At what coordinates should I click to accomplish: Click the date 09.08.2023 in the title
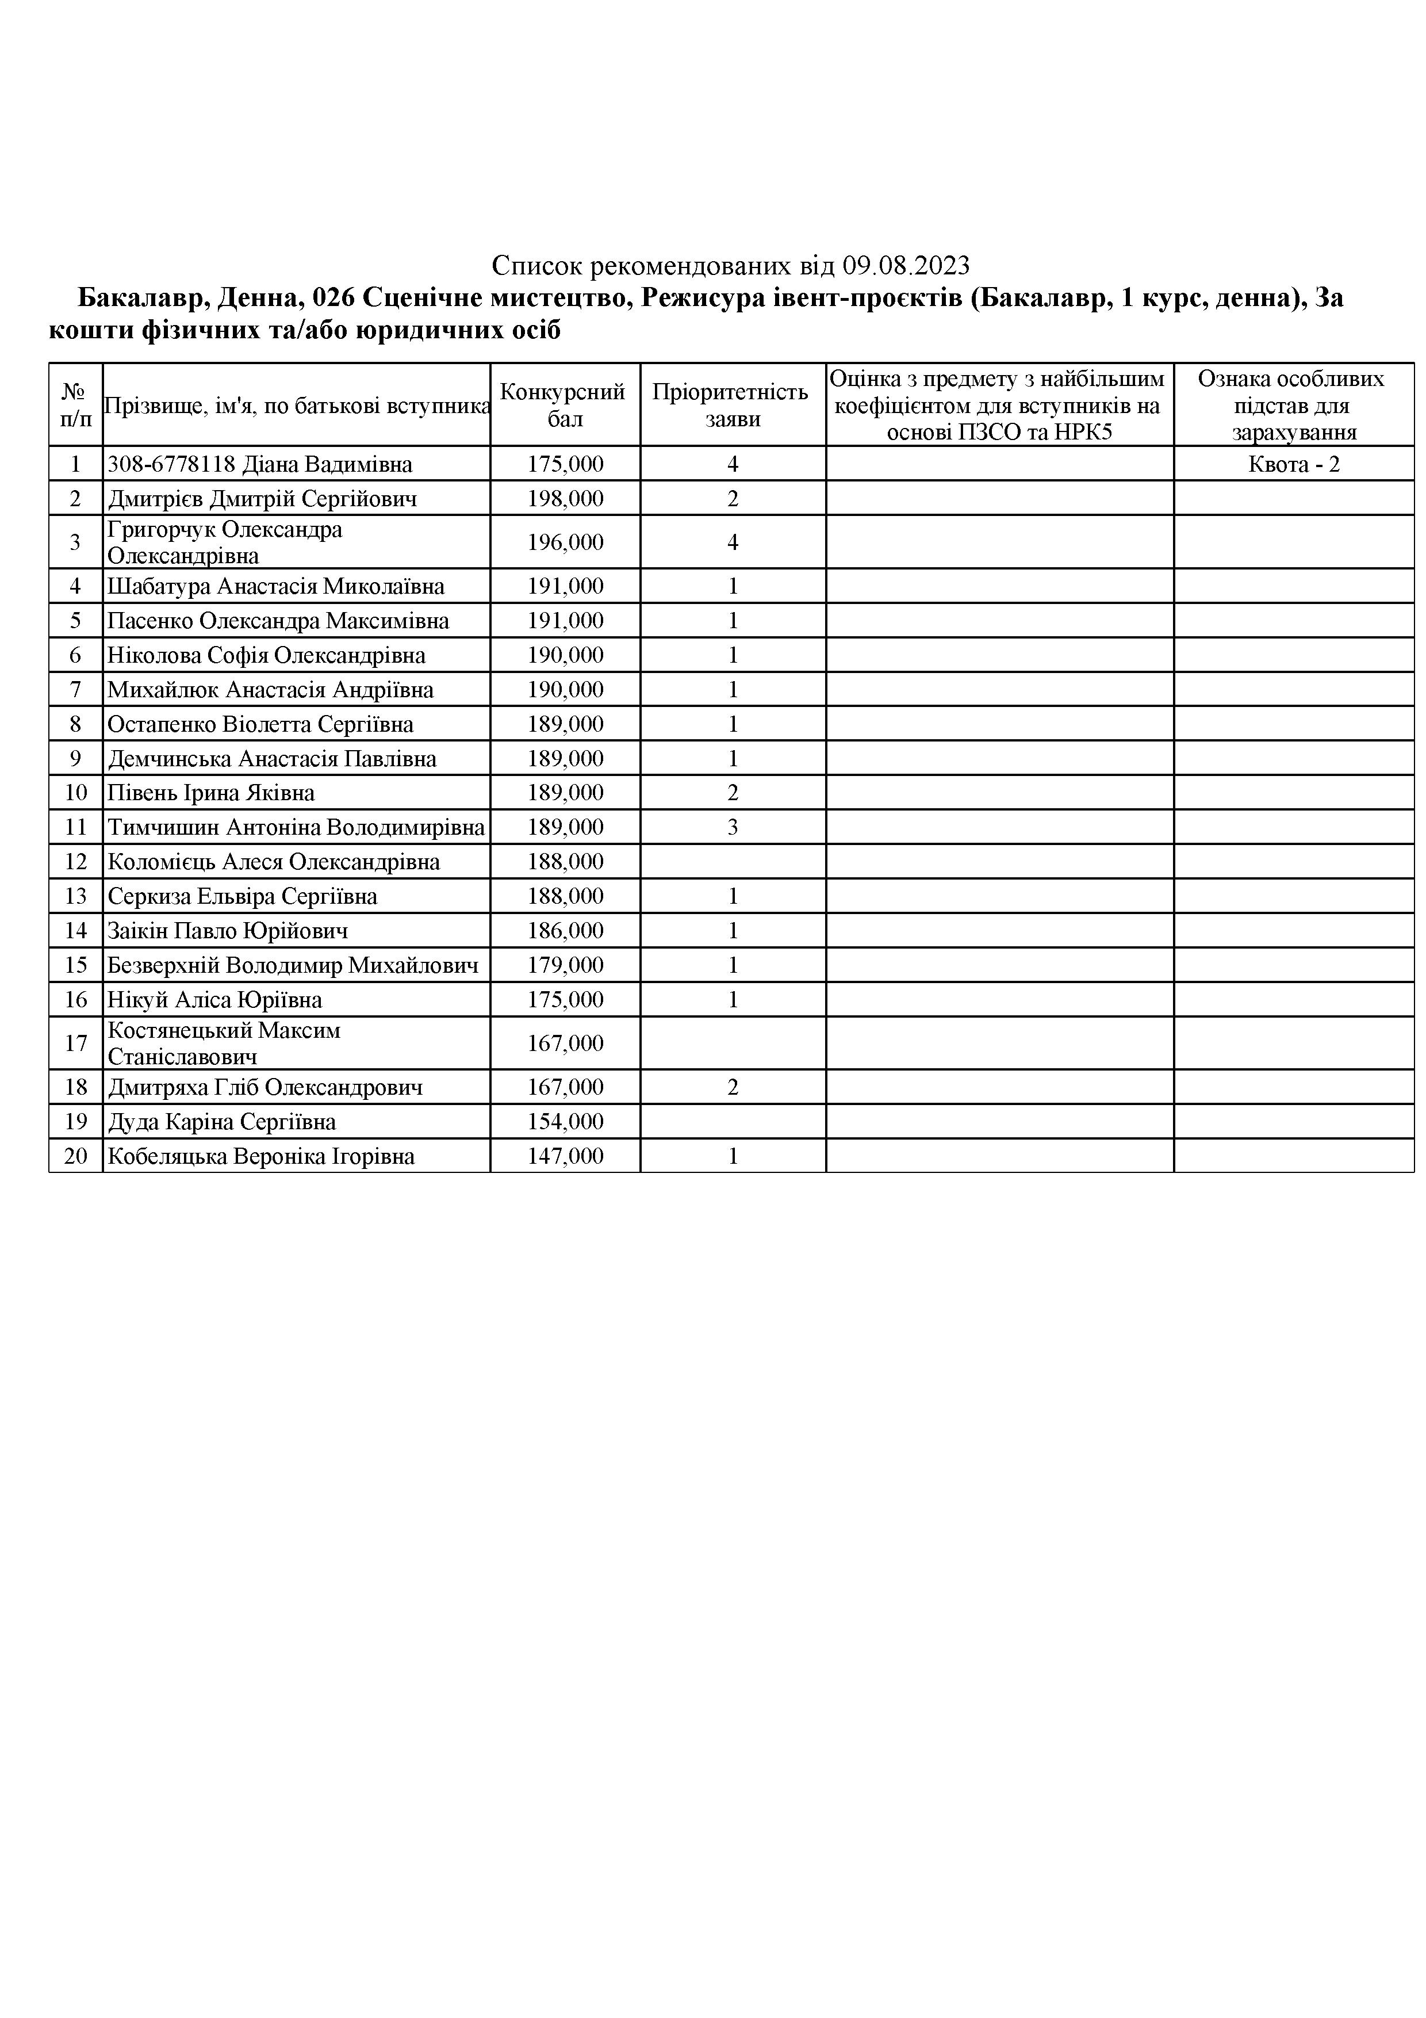(906, 265)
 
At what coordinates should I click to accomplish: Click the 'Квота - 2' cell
(1293, 464)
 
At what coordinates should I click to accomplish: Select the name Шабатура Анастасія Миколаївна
(276, 586)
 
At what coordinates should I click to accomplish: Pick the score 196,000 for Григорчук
(565, 542)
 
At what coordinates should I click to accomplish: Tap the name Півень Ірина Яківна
(211, 793)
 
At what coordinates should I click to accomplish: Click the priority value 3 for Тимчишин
(733, 827)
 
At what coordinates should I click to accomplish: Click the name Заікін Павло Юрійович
(228, 931)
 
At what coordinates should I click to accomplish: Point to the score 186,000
(565, 931)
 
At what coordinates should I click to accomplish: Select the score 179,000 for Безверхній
(565, 965)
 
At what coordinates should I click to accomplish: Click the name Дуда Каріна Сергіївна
(221, 1122)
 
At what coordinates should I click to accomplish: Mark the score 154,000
(565, 1122)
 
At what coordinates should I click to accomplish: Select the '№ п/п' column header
(75, 405)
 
